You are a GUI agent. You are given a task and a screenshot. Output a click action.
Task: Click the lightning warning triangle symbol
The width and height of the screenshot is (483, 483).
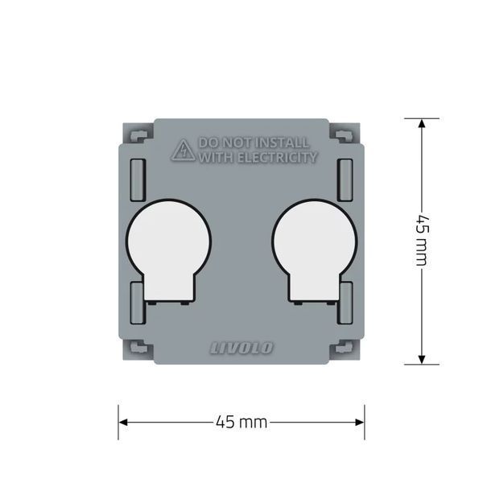coord(184,151)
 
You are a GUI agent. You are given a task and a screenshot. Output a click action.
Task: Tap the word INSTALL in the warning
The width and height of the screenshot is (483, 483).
coord(283,142)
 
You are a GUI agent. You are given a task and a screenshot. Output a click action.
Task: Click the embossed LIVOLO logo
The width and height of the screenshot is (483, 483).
coord(242,348)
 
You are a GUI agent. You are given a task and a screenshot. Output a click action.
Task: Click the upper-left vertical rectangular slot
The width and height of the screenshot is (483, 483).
coord(138,180)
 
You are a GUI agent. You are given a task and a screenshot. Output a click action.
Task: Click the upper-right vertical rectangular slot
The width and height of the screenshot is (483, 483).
coord(345,180)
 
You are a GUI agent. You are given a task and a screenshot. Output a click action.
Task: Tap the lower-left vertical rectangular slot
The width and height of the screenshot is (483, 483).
coord(138,303)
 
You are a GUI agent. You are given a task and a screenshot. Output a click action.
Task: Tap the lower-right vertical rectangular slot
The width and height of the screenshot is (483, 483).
coord(345,303)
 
